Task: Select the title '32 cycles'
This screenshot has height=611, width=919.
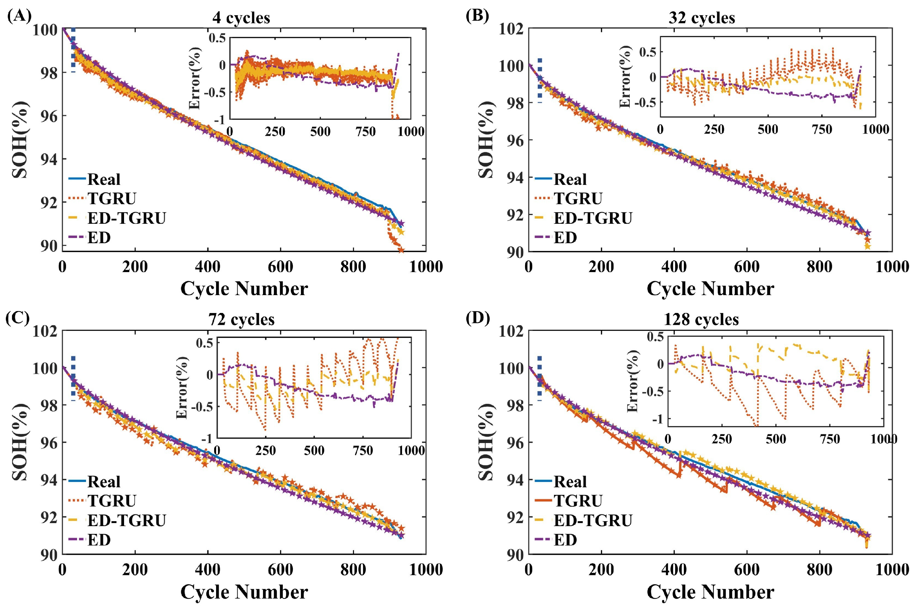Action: point(702,18)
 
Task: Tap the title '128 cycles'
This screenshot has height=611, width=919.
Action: point(701,319)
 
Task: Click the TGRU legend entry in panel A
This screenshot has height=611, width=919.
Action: point(102,198)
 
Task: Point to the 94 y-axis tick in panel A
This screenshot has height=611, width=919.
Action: point(48,159)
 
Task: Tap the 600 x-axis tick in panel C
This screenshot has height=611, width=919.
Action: point(280,570)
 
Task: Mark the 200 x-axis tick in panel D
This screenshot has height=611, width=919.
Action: point(601,570)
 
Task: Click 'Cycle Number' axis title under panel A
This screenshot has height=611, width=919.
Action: point(244,289)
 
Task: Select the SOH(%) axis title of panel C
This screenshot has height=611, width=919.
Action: point(20,442)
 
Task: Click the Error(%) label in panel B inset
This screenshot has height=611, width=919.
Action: point(626,77)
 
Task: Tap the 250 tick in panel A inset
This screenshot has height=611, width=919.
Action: point(275,131)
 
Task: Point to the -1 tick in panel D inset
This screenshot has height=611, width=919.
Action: point(657,419)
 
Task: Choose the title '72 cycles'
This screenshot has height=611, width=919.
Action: point(241,319)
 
